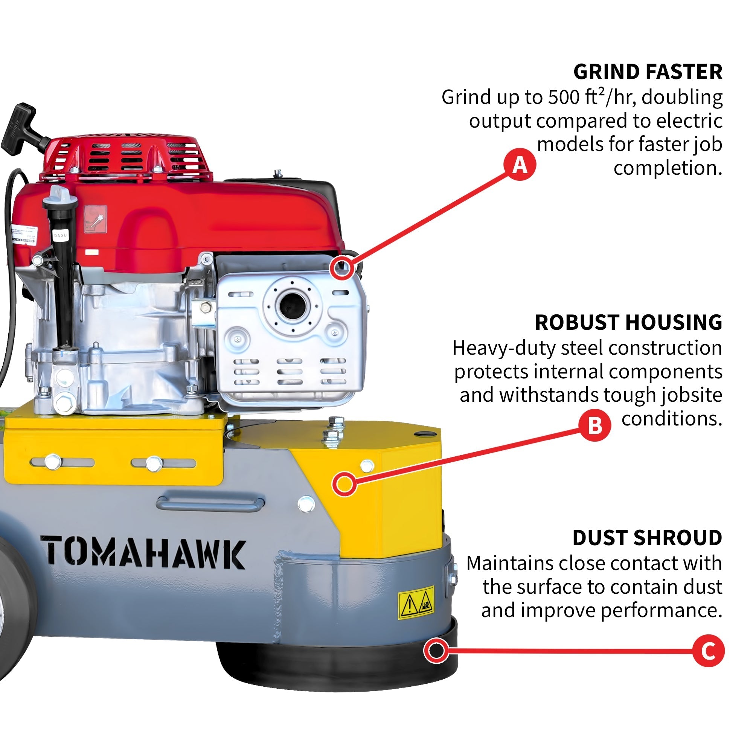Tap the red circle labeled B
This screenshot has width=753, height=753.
[x=594, y=425]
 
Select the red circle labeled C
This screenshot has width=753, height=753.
[x=708, y=651]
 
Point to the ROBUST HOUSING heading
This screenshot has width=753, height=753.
[x=628, y=322]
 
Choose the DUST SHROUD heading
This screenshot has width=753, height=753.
[x=647, y=538]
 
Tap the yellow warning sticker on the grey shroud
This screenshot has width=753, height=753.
[x=416, y=603]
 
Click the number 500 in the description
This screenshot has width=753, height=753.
[x=565, y=97]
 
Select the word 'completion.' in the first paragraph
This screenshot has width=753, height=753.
[x=668, y=168]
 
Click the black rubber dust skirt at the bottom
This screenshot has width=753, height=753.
[x=335, y=666]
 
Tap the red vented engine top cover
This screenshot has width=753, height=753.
[x=127, y=156]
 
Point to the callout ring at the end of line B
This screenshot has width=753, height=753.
[x=344, y=484]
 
